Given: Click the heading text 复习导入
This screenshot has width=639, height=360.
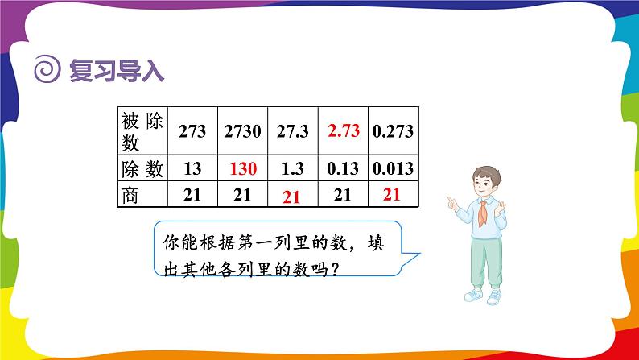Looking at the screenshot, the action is click(x=117, y=71).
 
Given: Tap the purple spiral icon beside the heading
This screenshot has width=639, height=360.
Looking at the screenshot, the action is click(x=47, y=69).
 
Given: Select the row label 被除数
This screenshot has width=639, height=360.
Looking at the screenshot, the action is click(x=142, y=131).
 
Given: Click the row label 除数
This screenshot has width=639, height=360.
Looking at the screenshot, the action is click(x=142, y=169).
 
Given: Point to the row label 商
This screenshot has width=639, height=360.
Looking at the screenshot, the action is click(x=130, y=195).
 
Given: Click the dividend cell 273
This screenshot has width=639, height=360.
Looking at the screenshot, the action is click(x=192, y=131).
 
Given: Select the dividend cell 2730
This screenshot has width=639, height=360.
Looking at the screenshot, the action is click(x=242, y=131).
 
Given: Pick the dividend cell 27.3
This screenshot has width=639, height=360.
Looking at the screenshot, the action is click(x=293, y=131).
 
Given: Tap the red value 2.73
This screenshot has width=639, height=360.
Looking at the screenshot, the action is click(x=344, y=130).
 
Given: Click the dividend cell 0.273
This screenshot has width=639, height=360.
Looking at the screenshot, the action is click(x=393, y=131).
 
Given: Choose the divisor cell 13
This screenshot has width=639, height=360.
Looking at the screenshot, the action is click(x=192, y=168).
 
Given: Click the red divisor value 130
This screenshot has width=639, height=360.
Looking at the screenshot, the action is click(x=243, y=168).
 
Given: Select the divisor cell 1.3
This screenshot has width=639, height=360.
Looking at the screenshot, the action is click(x=293, y=168).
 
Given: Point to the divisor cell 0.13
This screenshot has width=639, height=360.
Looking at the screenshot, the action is click(x=343, y=168).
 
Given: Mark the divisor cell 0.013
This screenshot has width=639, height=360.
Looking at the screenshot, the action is click(x=393, y=168).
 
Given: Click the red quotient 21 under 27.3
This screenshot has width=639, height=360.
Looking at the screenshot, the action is click(x=291, y=197).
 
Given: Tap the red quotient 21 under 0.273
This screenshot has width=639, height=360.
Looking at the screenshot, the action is click(x=392, y=194).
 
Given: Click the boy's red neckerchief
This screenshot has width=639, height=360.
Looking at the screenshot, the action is click(x=483, y=213).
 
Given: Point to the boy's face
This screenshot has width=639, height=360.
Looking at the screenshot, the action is click(x=484, y=185).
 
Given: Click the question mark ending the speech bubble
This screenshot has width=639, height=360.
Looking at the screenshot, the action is click(x=336, y=270).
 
